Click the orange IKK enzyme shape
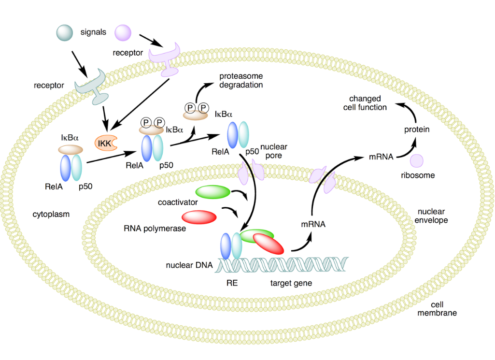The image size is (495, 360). point(106,143)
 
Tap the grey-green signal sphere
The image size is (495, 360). point(65,33)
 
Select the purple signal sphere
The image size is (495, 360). point(123,33)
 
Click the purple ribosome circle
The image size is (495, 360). point(417,160)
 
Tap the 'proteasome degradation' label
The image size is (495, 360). point(241,81)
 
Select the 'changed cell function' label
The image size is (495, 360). point(365,103)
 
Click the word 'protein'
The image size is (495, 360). point(417,130)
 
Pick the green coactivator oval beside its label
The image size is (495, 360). point(213,192)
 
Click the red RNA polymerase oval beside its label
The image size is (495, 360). point(199,217)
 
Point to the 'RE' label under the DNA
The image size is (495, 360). point(232,283)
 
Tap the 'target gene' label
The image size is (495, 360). point(291,283)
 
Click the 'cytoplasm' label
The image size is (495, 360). point(51,215)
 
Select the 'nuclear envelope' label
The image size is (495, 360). point(431,216)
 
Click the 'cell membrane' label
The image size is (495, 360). point(437,309)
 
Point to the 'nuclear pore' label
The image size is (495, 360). point(274,151)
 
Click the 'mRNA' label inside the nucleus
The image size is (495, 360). point(313,224)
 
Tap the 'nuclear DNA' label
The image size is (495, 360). point(189,265)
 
